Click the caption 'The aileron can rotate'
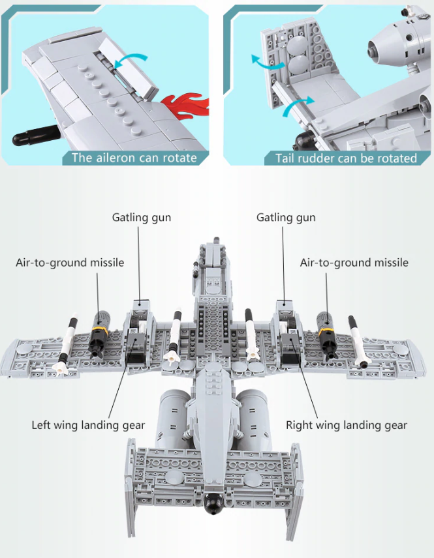(x=133, y=158)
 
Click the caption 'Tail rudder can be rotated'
(x=346, y=158)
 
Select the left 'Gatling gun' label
(x=141, y=217)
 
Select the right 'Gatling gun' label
(x=285, y=217)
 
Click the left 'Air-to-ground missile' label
(x=70, y=262)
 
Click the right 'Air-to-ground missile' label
(x=354, y=262)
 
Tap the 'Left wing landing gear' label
(x=88, y=425)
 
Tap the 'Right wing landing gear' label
(x=346, y=425)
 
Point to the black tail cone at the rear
(x=213, y=502)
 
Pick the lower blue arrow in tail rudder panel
(x=298, y=105)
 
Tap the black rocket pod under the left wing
(x=100, y=332)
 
